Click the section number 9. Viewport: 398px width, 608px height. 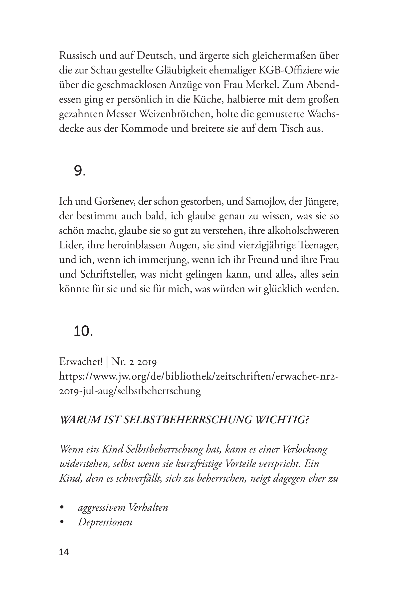pyautogui.click(x=79, y=170)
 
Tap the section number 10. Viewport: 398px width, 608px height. pyautogui.click(x=83, y=331)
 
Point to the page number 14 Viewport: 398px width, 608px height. pyautogui.click(x=64, y=552)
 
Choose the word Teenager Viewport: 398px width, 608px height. pyautogui.click(x=318, y=245)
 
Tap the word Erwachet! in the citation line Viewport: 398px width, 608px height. pyautogui.click(x=81, y=362)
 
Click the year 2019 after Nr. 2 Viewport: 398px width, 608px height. pyautogui.click(x=147, y=362)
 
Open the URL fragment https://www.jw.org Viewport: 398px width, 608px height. pyautogui.click(x=102, y=376)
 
